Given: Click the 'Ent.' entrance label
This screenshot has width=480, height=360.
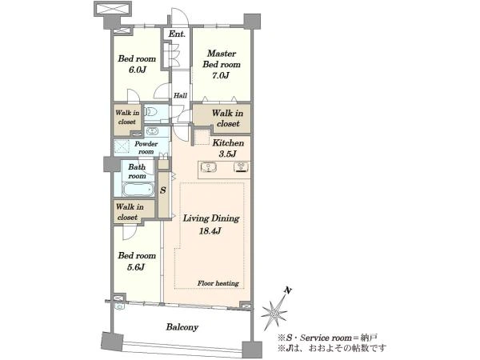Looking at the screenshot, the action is click(177, 34).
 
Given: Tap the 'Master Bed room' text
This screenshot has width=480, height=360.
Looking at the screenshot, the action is click(222, 58).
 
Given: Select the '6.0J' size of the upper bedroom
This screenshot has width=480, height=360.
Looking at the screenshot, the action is click(137, 70).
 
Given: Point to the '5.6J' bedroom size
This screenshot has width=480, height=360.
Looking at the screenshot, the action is click(136, 267).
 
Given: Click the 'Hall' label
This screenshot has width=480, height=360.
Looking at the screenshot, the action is click(180, 95).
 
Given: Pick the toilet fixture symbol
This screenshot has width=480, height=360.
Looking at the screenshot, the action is click(150, 112).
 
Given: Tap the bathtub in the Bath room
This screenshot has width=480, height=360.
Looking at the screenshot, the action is click(138, 190).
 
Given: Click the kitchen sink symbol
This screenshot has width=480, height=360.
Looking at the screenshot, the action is click(209, 167).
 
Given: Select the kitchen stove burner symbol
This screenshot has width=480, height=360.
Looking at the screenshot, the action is click(242, 167).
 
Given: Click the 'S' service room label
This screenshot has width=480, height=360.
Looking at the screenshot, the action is click(163, 190).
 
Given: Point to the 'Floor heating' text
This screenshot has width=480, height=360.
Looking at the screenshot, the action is click(218, 283).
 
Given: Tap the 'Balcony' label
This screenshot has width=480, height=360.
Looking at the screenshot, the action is click(182, 327).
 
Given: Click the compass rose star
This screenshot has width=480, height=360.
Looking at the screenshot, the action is click(274, 313).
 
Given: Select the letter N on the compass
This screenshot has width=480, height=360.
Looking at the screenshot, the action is click(287, 290).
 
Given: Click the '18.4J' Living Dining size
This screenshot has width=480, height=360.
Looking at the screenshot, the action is click(210, 231).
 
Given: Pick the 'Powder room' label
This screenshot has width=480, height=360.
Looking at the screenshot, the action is click(146, 147).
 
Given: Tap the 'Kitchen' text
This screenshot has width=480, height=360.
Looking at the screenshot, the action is click(228, 143).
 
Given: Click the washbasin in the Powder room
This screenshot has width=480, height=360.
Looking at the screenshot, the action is click(152, 131).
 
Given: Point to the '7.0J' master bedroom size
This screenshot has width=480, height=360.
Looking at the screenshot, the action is click(221, 75).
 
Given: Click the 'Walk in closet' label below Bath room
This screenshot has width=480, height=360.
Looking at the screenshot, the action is click(130, 212).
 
